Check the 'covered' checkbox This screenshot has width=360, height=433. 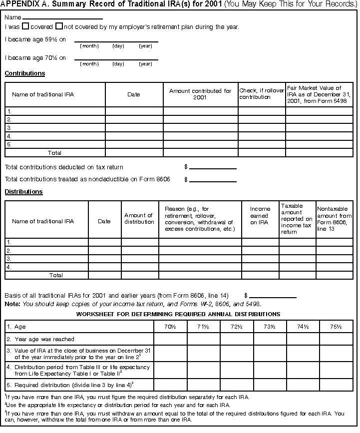point(25,26)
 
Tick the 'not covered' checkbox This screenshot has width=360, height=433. point(59,26)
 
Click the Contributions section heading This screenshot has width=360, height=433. point(25,73)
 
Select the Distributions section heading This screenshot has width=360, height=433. point(23,192)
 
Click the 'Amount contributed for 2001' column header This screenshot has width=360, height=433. point(200,94)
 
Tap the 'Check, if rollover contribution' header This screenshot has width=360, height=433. point(262,94)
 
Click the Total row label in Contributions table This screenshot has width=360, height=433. point(55,153)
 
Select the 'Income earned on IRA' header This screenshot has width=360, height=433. point(260,216)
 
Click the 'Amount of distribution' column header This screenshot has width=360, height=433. point(139,219)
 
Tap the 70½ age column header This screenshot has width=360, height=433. point(171,327)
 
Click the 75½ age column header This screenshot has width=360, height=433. point(336,327)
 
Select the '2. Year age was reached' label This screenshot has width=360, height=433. point(41,339)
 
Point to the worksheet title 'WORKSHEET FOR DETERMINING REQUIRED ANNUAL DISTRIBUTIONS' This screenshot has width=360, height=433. point(178,314)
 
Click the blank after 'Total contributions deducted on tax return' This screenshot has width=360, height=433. point(213,167)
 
